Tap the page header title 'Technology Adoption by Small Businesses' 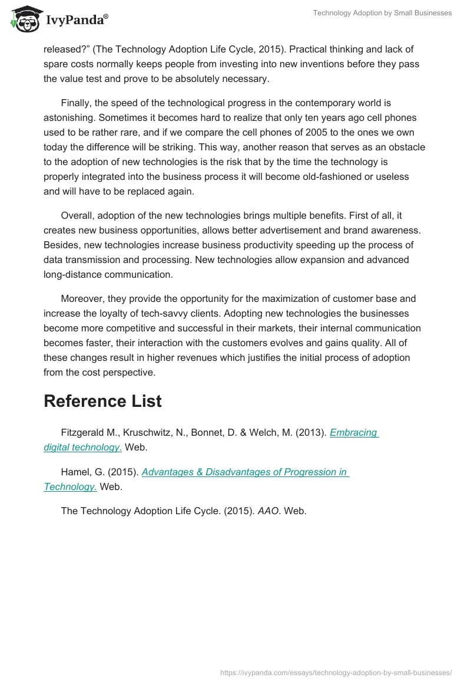(382, 13)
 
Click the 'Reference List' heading (102, 401)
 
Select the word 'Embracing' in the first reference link (353, 432)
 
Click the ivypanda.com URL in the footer (336, 672)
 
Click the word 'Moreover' (82, 298)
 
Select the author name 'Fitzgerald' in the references (82, 432)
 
